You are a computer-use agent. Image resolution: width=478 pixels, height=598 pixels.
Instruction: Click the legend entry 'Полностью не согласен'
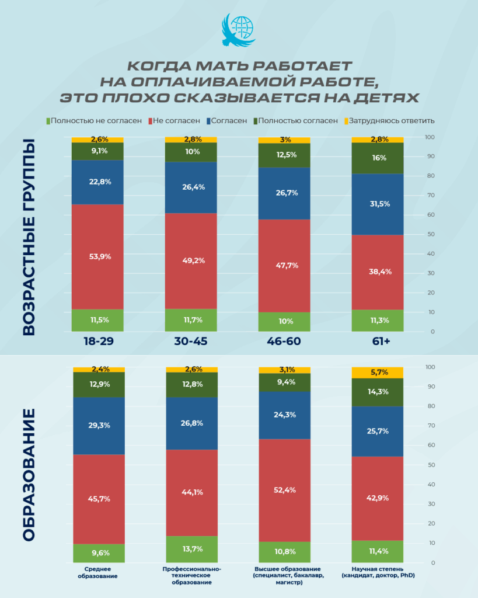(96, 121)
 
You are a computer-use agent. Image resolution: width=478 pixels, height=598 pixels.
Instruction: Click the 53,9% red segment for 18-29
(97, 256)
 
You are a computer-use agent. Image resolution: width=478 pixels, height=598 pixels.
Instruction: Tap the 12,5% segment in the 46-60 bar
(284, 155)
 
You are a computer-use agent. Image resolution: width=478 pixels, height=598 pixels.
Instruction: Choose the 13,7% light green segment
(191, 549)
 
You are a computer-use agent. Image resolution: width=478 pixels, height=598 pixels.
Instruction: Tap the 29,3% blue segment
(98, 426)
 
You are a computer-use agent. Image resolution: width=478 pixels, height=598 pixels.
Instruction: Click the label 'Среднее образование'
(98, 572)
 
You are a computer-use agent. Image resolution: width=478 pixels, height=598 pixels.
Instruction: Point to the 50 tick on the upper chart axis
(430, 234)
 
